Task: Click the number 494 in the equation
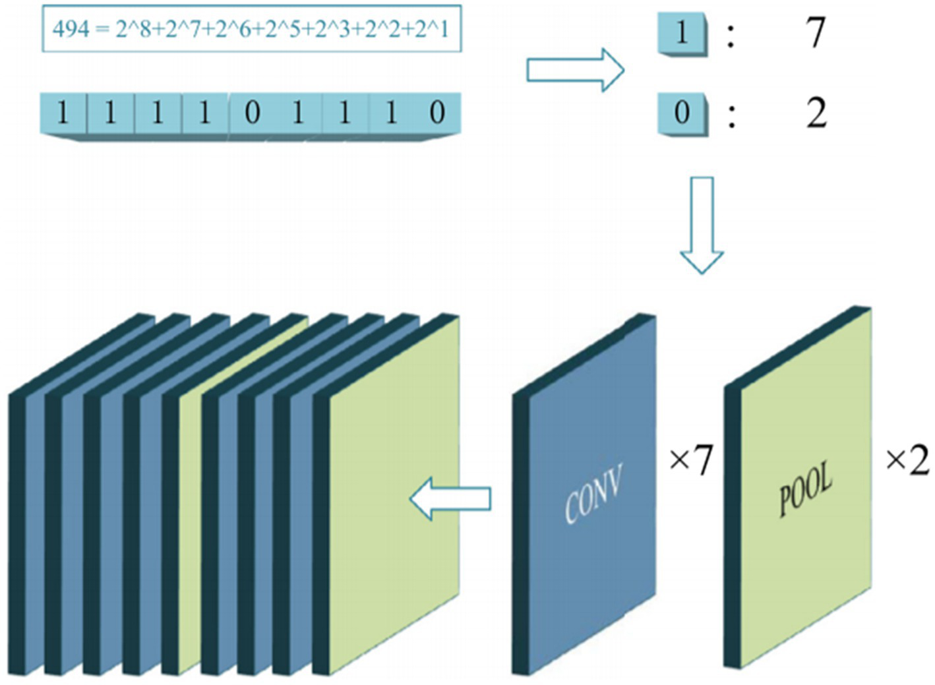click(x=71, y=29)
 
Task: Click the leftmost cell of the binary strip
click(x=63, y=113)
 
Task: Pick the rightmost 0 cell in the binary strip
click(x=437, y=113)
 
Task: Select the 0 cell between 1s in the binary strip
click(x=252, y=113)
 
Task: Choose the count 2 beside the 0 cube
click(x=816, y=113)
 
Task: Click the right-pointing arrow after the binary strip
click(x=574, y=70)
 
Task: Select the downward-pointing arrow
click(x=702, y=224)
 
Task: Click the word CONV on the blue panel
click(x=592, y=495)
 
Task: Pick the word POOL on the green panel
click(x=805, y=491)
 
